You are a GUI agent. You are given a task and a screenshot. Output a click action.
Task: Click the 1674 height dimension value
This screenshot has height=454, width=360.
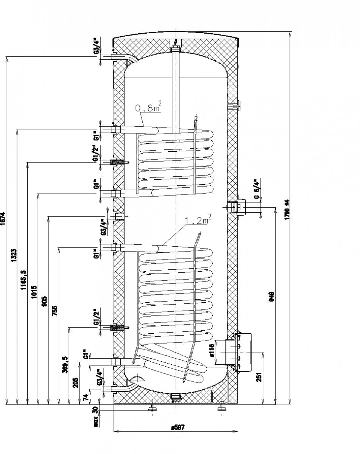tap(4, 219)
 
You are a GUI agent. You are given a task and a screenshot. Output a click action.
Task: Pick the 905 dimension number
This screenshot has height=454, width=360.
tap(45, 302)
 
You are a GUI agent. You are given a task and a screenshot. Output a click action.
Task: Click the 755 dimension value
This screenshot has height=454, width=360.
tap(56, 311)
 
